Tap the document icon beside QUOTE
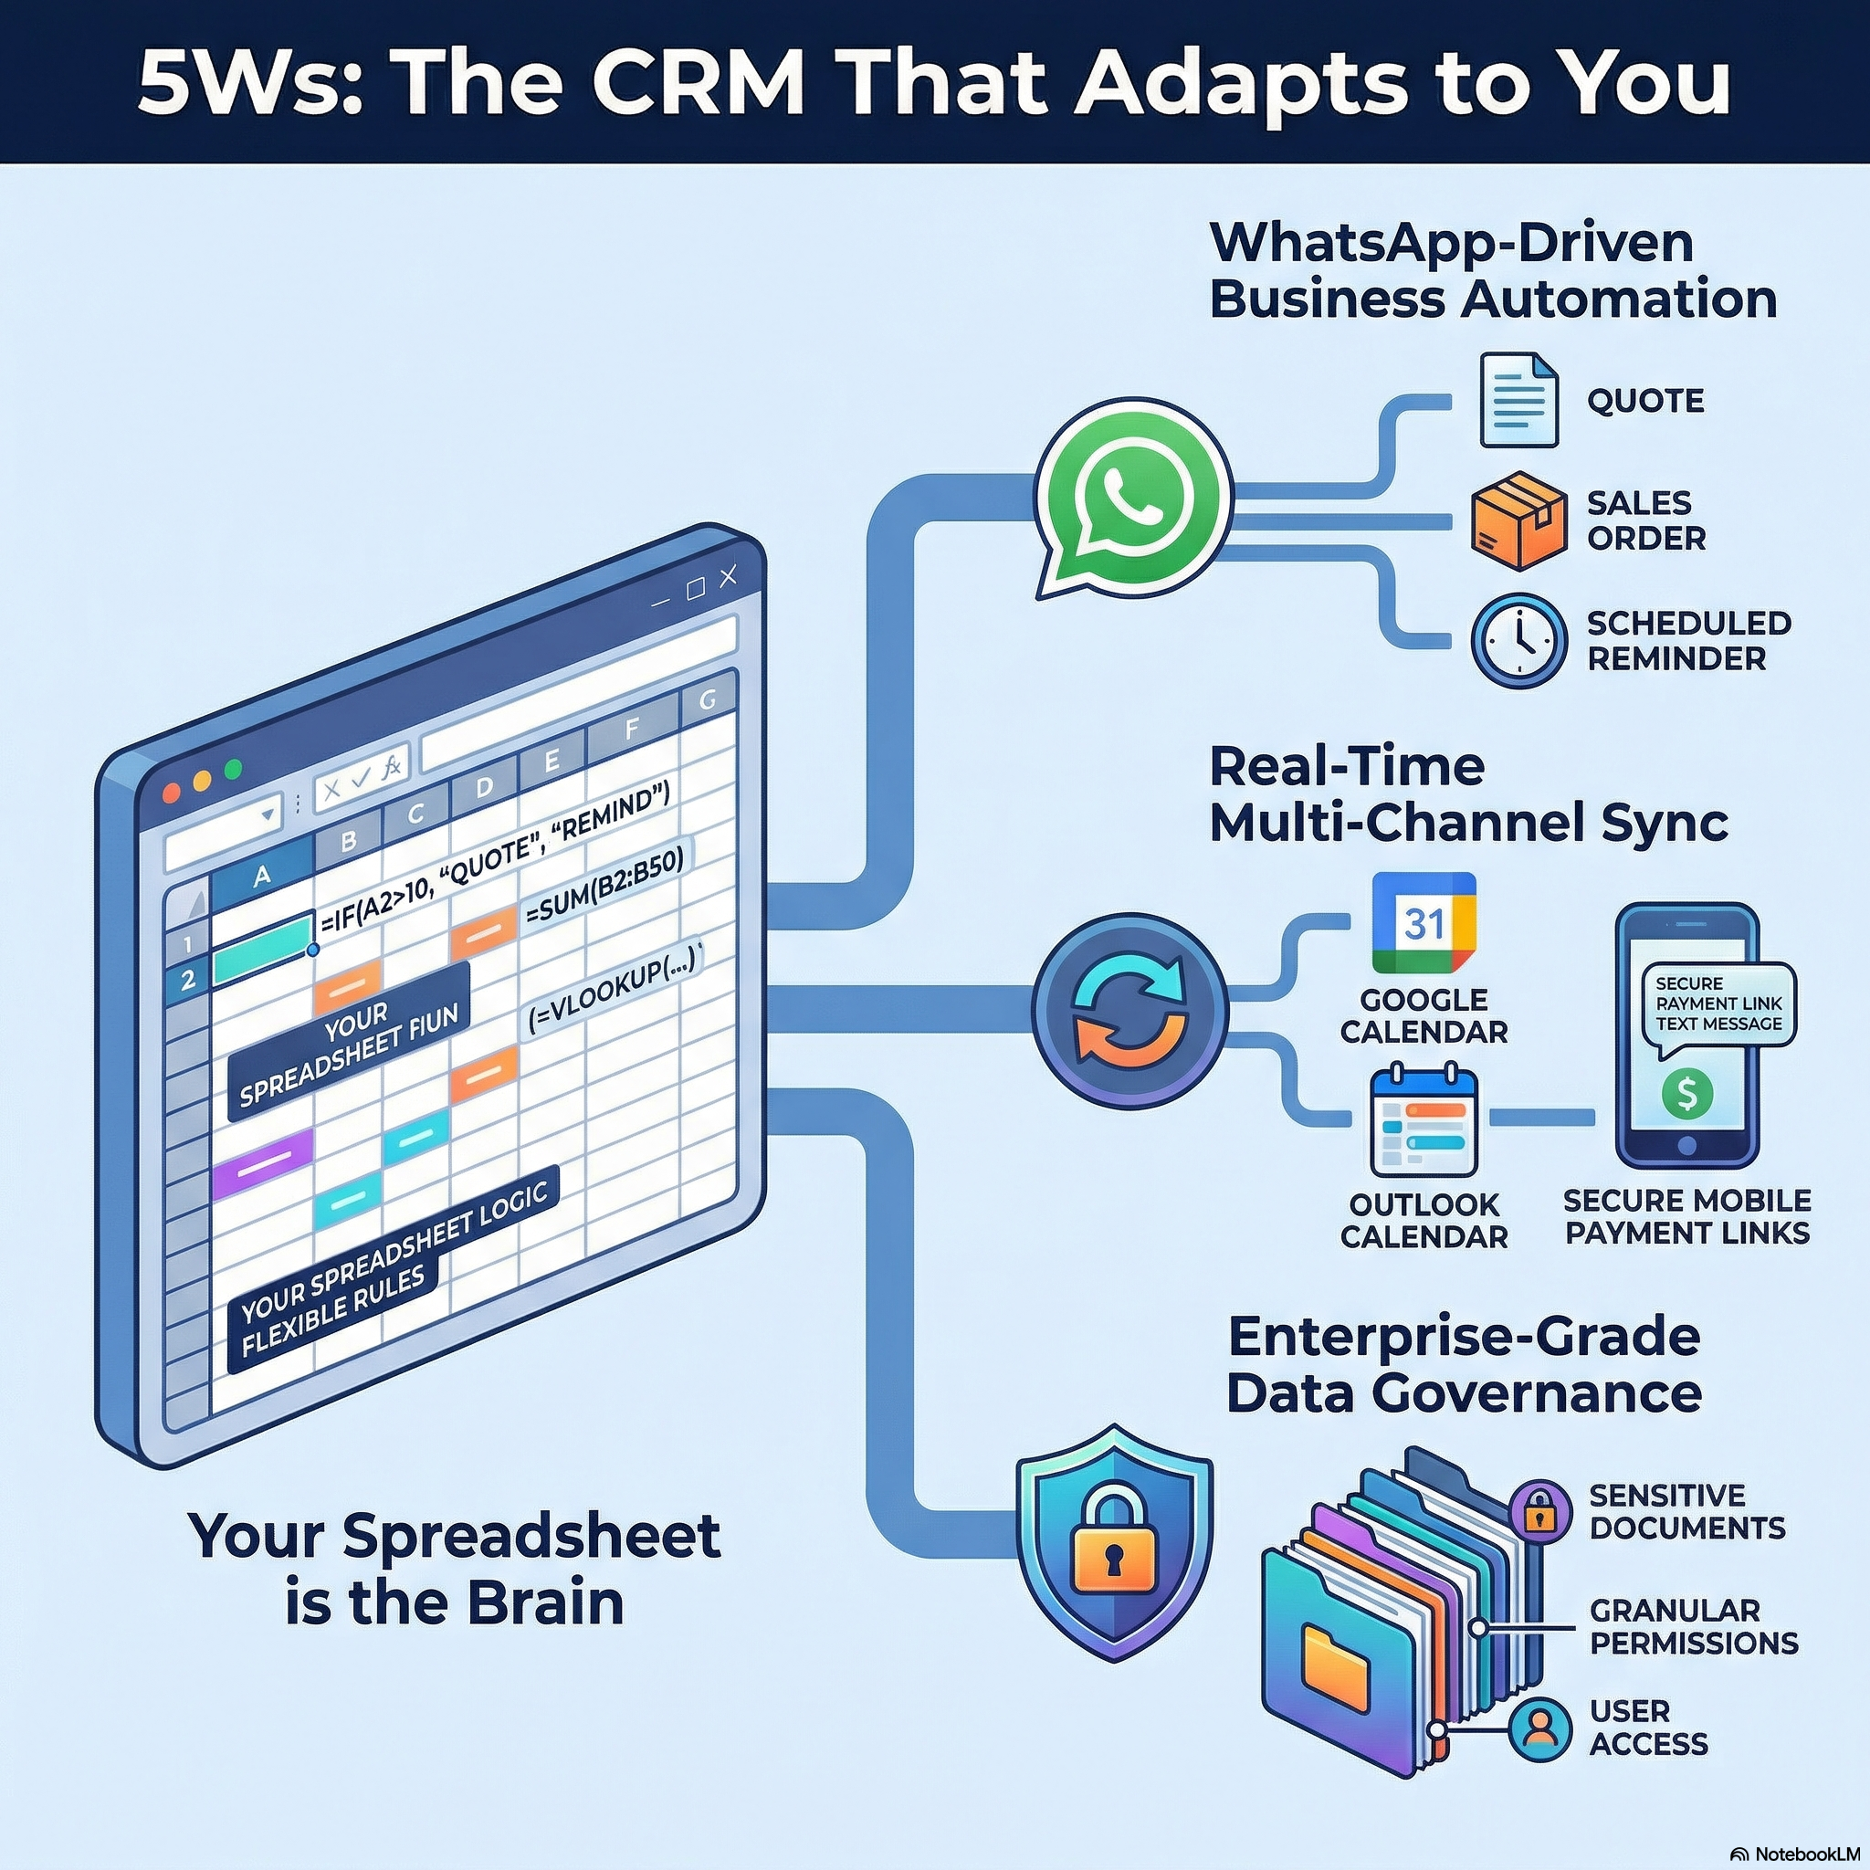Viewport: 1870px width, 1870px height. pyautogui.click(x=1518, y=400)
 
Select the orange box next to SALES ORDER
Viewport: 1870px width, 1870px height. pyautogui.click(x=1518, y=520)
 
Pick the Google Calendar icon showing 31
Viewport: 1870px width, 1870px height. pyautogui.click(x=1424, y=923)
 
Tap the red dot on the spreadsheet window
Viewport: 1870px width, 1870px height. pyautogui.click(x=173, y=793)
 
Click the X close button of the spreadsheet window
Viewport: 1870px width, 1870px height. pyautogui.click(x=728, y=577)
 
